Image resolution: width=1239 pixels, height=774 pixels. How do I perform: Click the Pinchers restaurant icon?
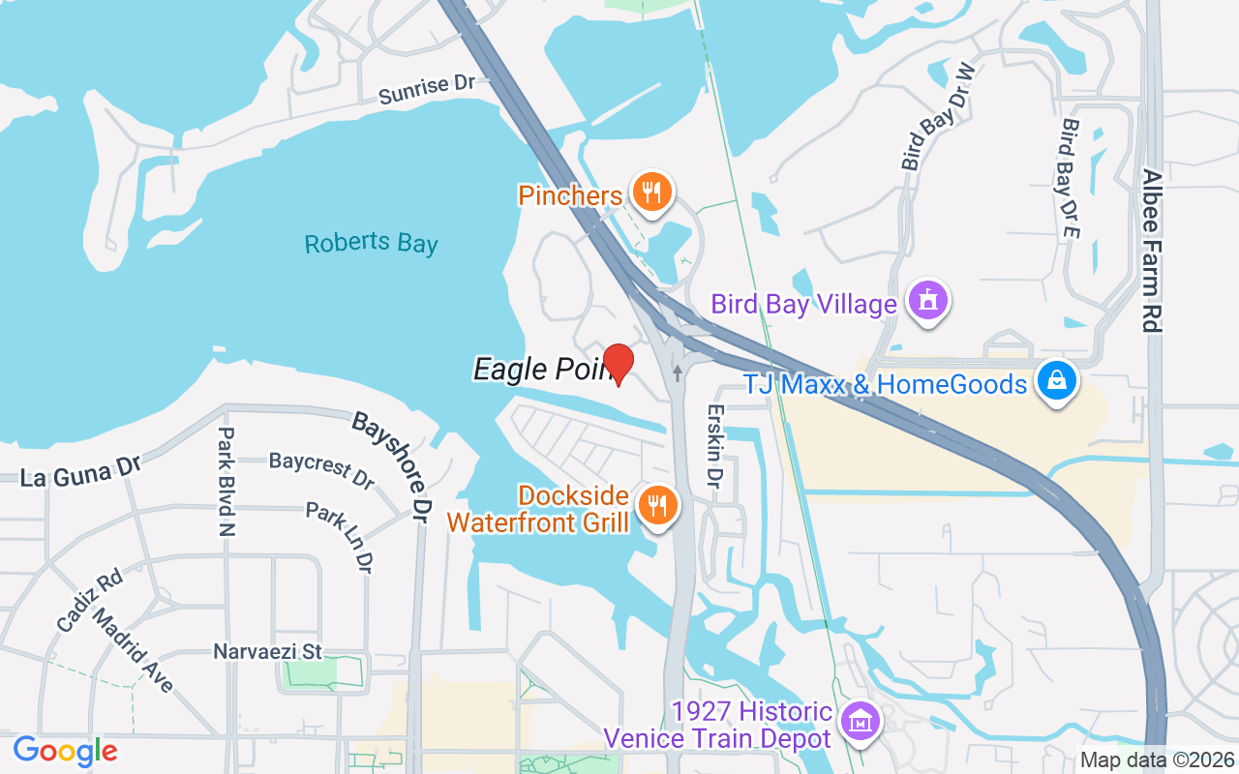pos(652,192)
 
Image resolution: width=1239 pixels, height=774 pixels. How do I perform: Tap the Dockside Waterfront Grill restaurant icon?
pos(658,505)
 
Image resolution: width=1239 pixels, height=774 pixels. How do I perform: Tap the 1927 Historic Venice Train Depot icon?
pos(859,722)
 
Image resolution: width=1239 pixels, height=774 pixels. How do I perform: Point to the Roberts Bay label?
pos(371,242)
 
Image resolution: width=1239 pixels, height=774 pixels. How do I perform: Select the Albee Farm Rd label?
pos(1152,251)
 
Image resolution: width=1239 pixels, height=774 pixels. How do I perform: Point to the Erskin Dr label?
pos(714,437)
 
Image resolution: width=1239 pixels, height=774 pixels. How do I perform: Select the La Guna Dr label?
pos(81,473)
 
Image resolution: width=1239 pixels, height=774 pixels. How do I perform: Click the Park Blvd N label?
pos(227,481)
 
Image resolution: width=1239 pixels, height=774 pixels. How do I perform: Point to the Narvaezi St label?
pos(267,652)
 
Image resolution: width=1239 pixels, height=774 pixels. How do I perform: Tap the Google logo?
pos(65,750)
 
